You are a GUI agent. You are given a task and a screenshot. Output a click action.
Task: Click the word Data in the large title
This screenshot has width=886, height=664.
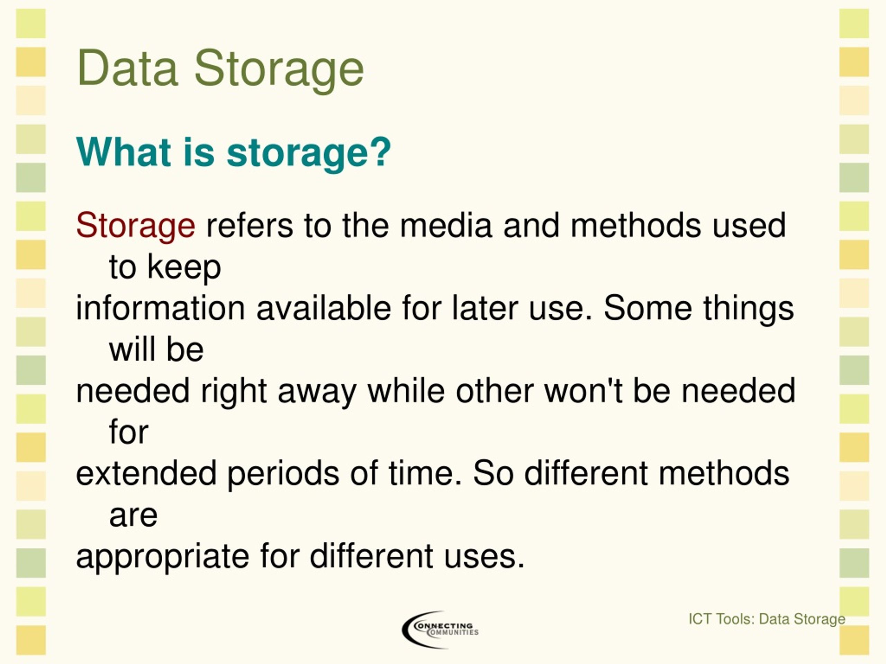127,67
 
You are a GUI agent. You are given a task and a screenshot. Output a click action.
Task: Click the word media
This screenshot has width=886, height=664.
446,225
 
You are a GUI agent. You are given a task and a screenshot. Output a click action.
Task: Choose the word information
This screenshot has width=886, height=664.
160,308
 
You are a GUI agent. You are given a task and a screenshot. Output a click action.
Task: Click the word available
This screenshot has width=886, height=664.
324,308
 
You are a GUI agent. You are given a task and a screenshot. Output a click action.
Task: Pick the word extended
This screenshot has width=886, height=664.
147,473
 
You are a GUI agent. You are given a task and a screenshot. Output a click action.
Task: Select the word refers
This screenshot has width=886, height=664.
250,225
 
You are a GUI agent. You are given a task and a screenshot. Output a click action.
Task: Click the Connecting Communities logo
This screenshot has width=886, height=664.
440,629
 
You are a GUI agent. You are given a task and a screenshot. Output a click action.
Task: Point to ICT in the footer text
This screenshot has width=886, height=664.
700,619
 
